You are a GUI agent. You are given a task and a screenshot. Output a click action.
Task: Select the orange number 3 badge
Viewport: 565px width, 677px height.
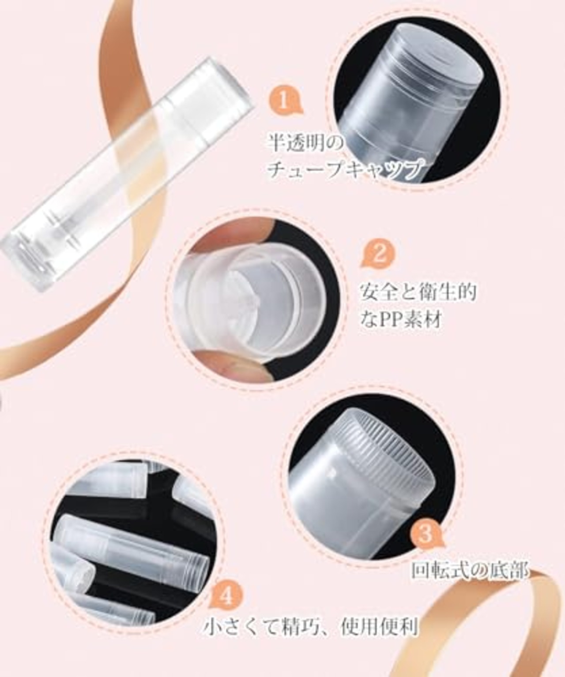[425, 534]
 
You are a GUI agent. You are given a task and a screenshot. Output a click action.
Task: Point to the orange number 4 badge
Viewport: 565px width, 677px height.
[226, 597]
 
